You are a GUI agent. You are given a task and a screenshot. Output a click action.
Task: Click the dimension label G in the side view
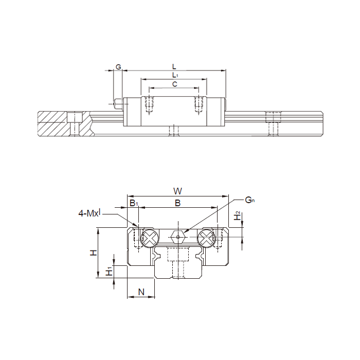(x=118, y=67)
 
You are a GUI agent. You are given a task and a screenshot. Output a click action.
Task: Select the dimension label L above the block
(x=174, y=67)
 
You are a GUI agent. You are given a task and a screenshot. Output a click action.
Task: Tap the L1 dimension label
(x=175, y=75)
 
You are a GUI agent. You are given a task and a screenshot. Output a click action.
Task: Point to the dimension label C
(x=175, y=84)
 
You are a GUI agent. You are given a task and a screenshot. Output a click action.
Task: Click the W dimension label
(x=178, y=191)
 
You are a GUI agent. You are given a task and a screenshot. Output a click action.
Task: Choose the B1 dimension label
(x=134, y=203)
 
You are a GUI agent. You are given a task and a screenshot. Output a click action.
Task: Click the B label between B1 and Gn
(x=178, y=203)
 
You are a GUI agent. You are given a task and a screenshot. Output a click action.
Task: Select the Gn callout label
(x=250, y=200)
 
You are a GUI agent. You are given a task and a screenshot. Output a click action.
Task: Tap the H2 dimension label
(x=237, y=216)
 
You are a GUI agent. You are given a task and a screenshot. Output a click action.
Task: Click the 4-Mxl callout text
(x=89, y=213)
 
